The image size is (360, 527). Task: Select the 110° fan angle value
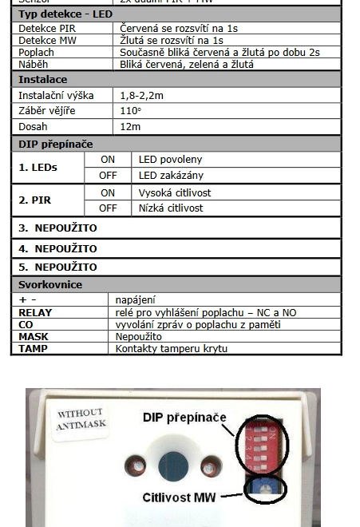pyautogui.click(x=130, y=111)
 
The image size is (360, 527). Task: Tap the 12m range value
pyautogui.click(x=130, y=126)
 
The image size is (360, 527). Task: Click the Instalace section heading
pyautogui.click(x=43, y=80)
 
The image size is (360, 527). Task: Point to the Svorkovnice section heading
pyautogui.click(x=50, y=284)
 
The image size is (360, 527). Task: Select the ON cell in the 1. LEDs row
pyautogui.click(x=108, y=160)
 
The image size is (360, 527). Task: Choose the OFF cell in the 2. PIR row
pyautogui.click(x=108, y=208)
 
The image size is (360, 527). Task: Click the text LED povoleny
pyautogui.click(x=171, y=160)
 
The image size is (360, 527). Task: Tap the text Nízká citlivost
pyautogui.click(x=171, y=208)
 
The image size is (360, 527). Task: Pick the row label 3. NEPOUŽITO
pyautogui.click(x=57, y=228)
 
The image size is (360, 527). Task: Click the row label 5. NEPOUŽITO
pyautogui.click(x=57, y=267)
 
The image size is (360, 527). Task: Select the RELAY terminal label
pyautogui.click(x=35, y=313)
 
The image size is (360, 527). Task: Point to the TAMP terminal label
pyautogui.click(x=34, y=348)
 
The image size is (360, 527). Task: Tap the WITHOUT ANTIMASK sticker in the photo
pyautogui.click(x=81, y=420)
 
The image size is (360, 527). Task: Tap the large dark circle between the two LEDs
pyautogui.click(x=170, y=468)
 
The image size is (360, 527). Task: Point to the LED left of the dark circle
pyautogui.click(x=133, y=467)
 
